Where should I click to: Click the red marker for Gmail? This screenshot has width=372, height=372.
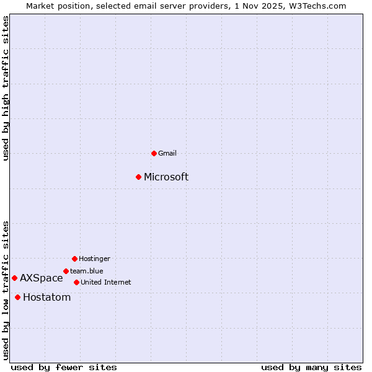(154, 153)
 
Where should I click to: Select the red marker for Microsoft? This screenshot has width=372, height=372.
(139, 177)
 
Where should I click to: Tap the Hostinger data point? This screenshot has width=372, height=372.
(74, 259)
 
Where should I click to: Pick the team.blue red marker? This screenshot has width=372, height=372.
(66, 271)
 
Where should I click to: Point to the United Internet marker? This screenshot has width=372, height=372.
(76, 282)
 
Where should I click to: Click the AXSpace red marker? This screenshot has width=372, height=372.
(14, 278)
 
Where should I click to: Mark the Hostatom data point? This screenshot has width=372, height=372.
(17, 297)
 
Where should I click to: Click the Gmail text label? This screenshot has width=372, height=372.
(167, 153)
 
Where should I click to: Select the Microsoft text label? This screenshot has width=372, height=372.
(166, 177)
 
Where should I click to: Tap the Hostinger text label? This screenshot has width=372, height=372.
(94, 259)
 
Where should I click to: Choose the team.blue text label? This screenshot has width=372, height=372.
(87, 271)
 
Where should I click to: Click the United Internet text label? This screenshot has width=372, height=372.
(106, 282)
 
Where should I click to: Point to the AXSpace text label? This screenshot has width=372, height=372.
(42, 278)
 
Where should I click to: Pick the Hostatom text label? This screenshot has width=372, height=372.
(47, 298)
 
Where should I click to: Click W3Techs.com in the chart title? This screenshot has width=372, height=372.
(317, 6)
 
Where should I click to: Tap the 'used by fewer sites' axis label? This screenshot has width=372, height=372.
(64, 367)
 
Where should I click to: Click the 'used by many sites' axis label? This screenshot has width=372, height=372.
(311, 367)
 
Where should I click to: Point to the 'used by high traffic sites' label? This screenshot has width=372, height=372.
(6, 88)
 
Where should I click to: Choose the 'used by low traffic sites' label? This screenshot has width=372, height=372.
(6, 290)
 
